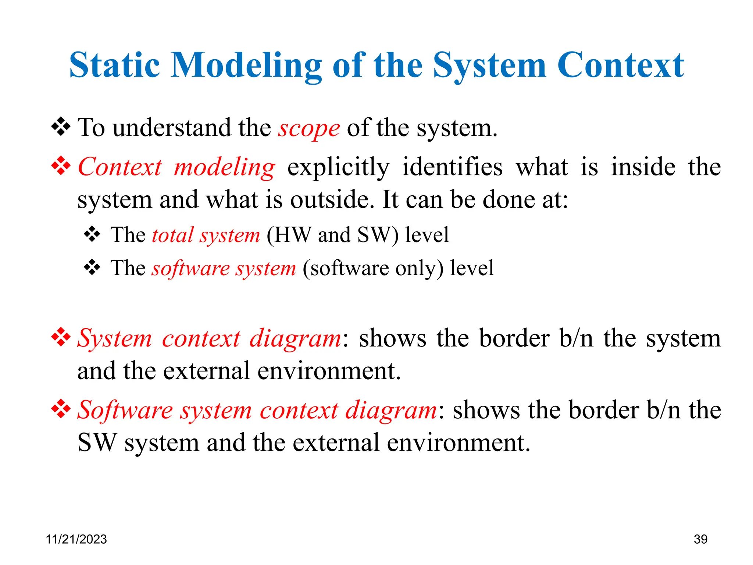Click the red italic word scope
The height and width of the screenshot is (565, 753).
pyautogui.click(x=308, y=129)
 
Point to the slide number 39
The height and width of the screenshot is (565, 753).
pyautogui.click(x=700, y=539)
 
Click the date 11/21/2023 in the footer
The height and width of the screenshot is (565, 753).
pyautogui.click(x=76, y=539)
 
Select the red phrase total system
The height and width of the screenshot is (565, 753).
pyautogui.click(x=206, y=235)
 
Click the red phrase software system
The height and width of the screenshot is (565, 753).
pyautogui.click(x=224, y=268)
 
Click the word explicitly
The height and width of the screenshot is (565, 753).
pyautogui.click(x=338, y=168)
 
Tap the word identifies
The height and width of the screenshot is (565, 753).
pyautogui.click(x=452, y=167)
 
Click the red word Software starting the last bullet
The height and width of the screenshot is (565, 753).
pyautogui.click(x=125, y=410)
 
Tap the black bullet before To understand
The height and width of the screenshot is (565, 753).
pyautogui.click(x=61, y=127)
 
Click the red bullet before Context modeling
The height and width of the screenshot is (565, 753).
pyautogui.click(x=61, y=166)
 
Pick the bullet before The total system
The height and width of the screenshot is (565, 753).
pyautogui.click(x=92, y=234)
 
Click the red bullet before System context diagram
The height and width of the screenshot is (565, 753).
pyautogui.click(x=61, y=337)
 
